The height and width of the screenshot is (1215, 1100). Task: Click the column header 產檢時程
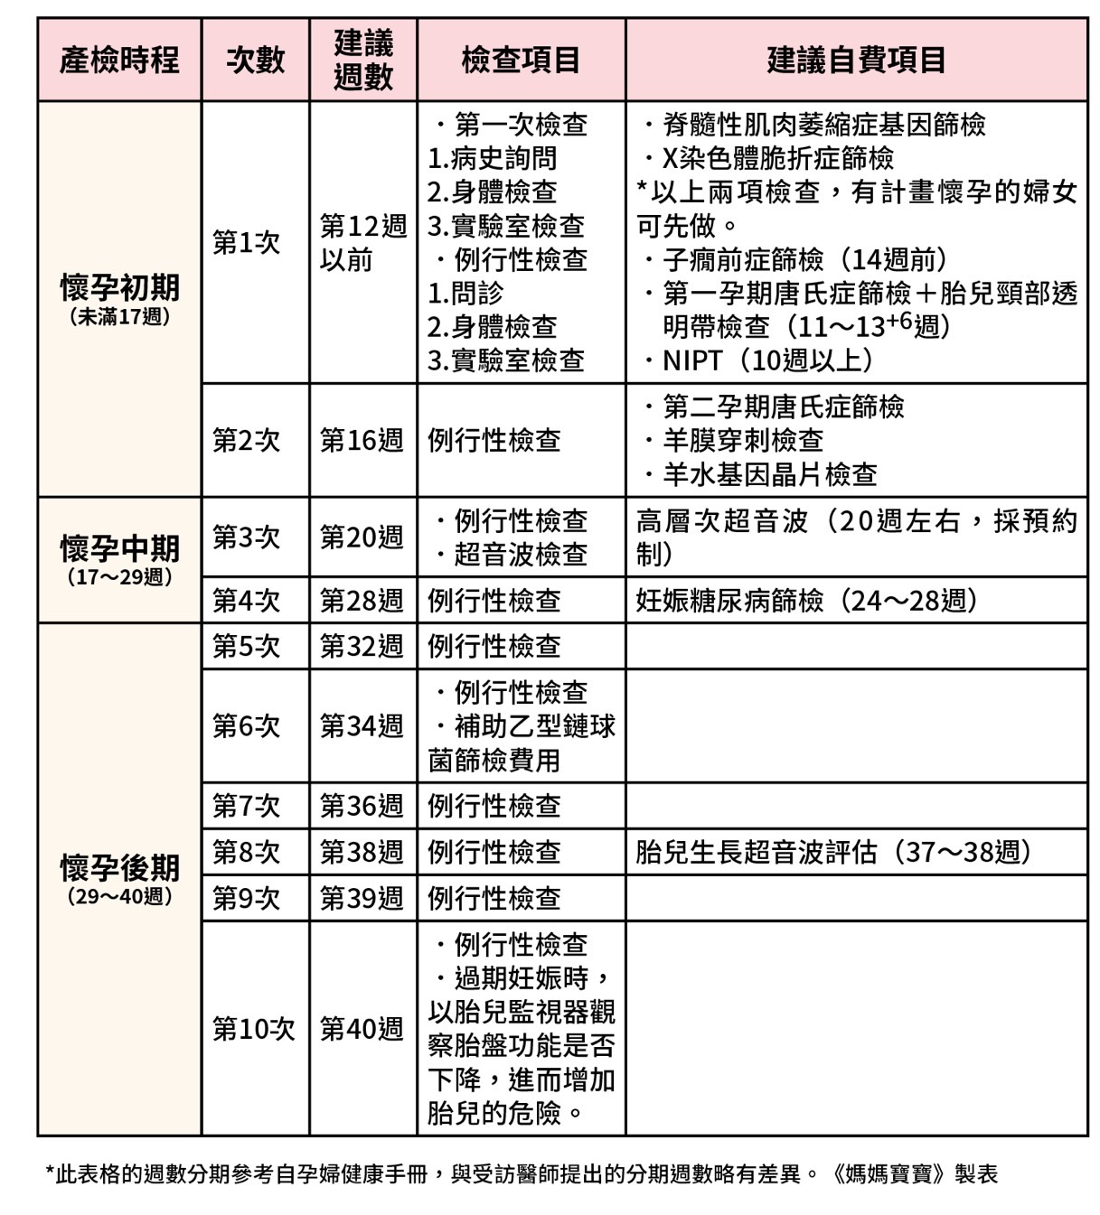pyautogui.click(x=119, y=60)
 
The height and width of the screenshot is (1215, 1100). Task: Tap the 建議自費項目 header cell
pyautogui.click(x=856, y=60)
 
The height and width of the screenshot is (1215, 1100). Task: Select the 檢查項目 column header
pyautogui.click(x=521, y=60)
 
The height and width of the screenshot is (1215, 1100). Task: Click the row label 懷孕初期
pyautogui.click(x=119, y=288)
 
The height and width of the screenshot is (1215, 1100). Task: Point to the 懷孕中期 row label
pyautogui.click(x=119, y=548)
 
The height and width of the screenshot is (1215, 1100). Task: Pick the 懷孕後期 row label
pyautogui.click(x=119, y=868)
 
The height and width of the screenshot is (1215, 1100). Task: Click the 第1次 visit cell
pyautogui.click(x=247, y=242)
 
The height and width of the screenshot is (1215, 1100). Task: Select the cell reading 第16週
pyautogui.click(x=362, y=440)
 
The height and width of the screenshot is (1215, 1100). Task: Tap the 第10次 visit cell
pyautogui.click(x=254, y=1028)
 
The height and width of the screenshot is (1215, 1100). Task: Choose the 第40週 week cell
pyautogui.click(x=362, y=1028)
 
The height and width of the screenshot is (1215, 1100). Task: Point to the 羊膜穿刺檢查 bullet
pyautogui.click(x=742, y=440)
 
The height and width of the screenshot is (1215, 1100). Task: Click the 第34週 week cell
pyautogui.click(x=362, y=725)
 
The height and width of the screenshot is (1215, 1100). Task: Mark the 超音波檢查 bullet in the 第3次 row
pyautogui.click(x=520, y=554)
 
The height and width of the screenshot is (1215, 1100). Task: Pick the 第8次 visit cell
pyautogui.click(x=247, y=852)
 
